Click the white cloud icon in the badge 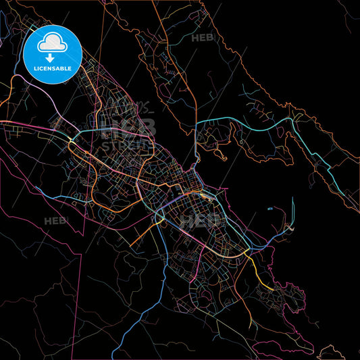coord(52,44)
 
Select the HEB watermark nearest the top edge coord(203,38)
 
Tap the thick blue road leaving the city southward coord(164,270)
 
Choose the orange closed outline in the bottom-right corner coord(332,352)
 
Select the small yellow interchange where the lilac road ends coord(72,140)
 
